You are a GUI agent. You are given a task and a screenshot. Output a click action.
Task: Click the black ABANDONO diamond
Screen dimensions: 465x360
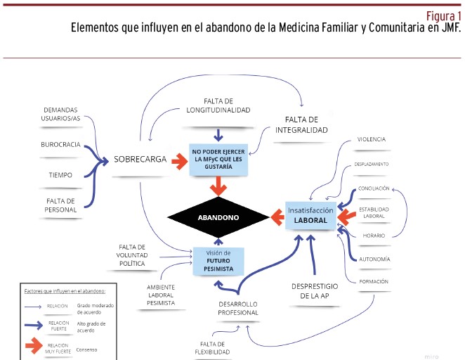pyautogui.click(x=218, y=217)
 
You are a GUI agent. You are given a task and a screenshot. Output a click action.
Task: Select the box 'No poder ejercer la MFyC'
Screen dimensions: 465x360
pyautogui.click(x=218, y=160)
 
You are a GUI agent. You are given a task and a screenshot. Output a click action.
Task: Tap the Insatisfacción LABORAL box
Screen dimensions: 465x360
pyautogui.click(x=310, y=215)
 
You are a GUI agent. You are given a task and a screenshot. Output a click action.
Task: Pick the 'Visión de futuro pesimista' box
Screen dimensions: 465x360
pyautogui.click(x=218, y=261)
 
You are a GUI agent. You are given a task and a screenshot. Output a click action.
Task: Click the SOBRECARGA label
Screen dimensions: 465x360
pyautogui.click(x=140, y=160)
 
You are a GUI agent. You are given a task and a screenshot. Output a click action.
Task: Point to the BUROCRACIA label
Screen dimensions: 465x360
pyautogui.click(x=61, y=145)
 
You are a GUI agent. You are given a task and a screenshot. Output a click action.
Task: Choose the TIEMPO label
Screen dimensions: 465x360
pyautogui.click(x=60, y=175)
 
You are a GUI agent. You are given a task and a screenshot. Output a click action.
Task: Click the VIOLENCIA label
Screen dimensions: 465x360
pyautogui.click(x=372, y=139)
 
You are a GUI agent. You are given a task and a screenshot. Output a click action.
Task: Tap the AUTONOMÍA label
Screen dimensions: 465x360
pyautogui.click(x=374, y=259)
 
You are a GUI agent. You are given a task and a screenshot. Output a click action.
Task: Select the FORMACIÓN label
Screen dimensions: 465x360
pyautogui.click(x=374, y=281)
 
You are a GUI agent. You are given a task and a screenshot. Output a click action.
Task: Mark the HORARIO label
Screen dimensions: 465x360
pyautogui.click(x=374, y=236)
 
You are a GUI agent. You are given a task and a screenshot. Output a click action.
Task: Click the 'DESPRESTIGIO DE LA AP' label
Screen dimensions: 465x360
pyautogui.click(x=315, y=291)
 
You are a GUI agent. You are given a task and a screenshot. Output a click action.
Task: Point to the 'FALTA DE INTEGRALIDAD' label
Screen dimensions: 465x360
pyautogui.click(x=301, y=125)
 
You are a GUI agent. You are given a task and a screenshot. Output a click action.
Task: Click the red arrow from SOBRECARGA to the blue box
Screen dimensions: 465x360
pyautogui.click(x=179, y=161)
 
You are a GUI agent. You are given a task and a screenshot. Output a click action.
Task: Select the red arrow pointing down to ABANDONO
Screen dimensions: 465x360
pyautogui.click(x=218, y=186)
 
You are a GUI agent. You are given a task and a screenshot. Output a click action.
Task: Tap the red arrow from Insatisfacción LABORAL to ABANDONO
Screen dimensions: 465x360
pyautogui.click(x=277, y=217)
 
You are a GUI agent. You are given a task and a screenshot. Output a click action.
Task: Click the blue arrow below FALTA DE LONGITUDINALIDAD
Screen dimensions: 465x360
pyautogui.click(x=218, y=135)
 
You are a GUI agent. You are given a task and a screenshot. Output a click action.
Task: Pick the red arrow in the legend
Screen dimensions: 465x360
pyautogui.click(x=34, y=345)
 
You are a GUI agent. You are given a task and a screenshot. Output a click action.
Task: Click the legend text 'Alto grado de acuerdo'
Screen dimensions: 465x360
pyautogui.click(x=91, y=327)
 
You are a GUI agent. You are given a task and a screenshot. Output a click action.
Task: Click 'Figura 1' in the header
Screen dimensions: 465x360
pyautogui.click(x=444, y=15)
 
